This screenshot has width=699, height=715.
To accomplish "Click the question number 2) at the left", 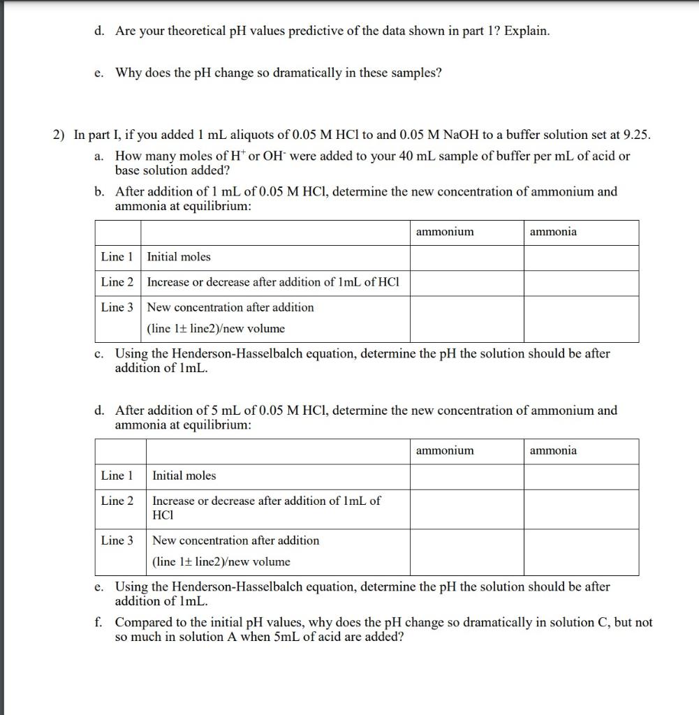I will [x=60, y=135].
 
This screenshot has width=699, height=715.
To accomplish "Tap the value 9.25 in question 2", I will [x=636, y=135].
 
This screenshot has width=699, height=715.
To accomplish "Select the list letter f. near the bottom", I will [x=99, y=622].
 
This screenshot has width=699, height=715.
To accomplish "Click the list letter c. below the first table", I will [x=99, y=354].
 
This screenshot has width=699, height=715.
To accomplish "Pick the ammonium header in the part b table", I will [x=444, y=232].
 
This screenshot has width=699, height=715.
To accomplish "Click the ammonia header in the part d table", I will [x=553, y=450].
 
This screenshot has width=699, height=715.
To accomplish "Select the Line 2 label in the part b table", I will [x=117, y=282].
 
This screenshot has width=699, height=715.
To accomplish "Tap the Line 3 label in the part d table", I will [x=117, y=540].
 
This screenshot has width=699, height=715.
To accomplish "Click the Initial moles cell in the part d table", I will [x=184, y=476].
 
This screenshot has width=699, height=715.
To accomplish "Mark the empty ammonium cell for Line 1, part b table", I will [x=466, y=257].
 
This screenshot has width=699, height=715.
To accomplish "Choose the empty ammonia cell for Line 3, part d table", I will [x=581, y=552].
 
